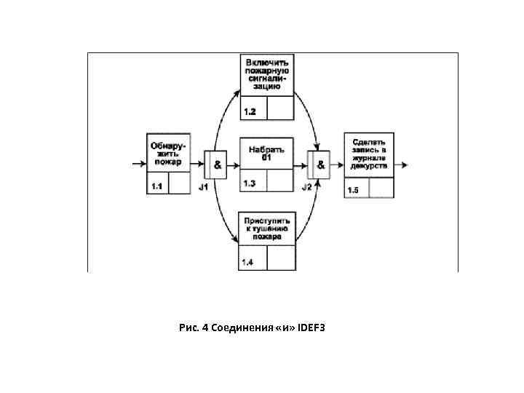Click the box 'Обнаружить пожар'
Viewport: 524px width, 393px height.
pos(169,153)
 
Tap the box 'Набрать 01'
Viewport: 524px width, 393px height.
pos(266,153)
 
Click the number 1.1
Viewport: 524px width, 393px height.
pos(156,186)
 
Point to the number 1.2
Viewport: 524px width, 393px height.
pos(250,111)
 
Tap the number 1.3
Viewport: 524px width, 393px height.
pos(250,183)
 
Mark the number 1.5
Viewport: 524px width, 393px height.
pos(354,191)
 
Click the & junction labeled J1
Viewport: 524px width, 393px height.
pos(216,165)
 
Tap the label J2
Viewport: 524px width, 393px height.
pos(307,188)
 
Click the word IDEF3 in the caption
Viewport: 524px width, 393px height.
pos(312,328)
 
